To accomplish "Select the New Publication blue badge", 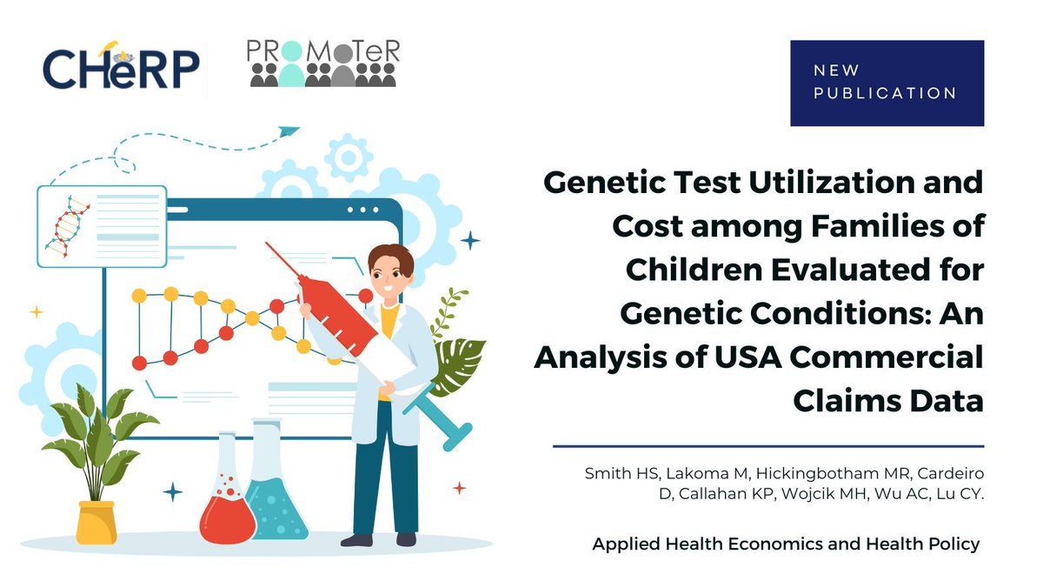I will click(887, 83).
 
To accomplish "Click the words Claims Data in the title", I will click(887, 401).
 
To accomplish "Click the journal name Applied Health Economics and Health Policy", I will click(786, 544).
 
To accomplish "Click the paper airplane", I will click(288, 131).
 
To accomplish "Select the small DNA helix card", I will click(101, 225).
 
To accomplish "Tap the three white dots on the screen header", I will click(362, 210).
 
